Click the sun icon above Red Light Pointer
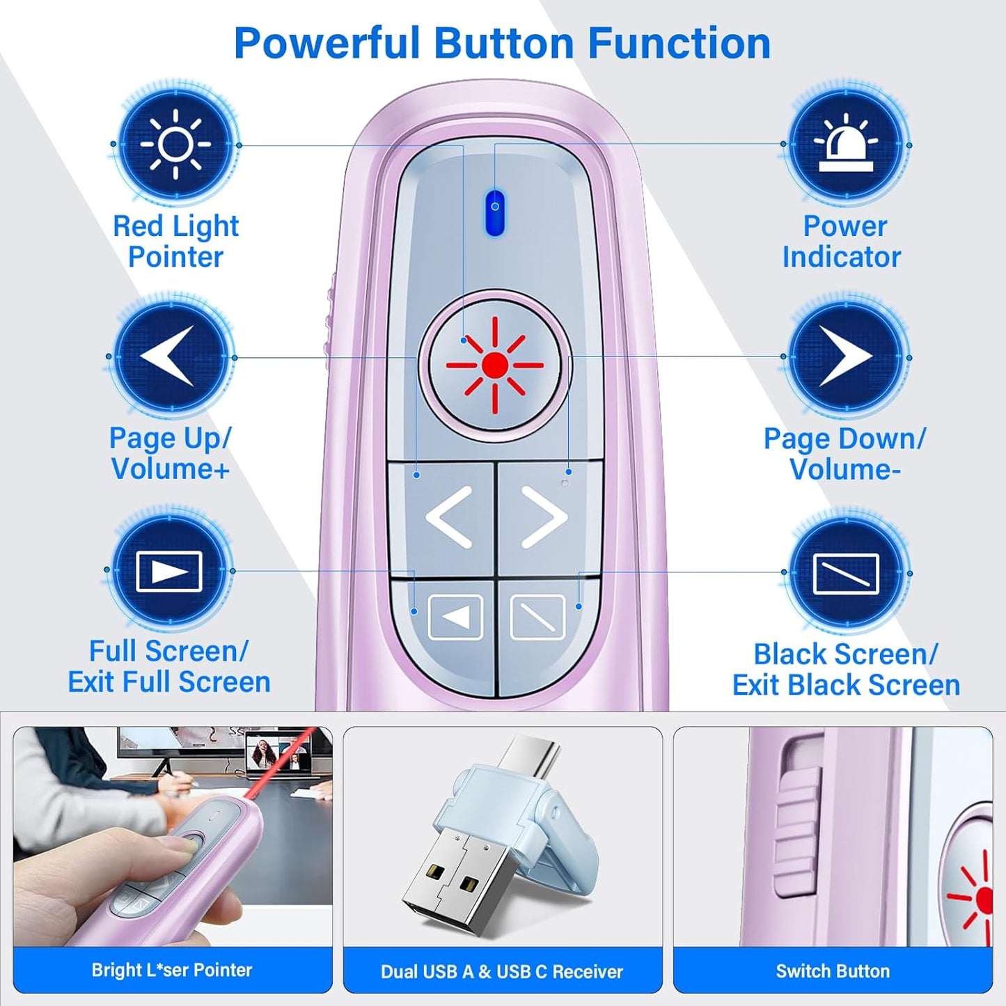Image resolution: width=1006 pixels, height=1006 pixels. click(x=175, y=145)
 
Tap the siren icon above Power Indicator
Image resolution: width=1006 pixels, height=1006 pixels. click(x=846, y=145)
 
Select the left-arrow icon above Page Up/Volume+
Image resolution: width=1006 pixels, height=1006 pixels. click(x=170, y=356)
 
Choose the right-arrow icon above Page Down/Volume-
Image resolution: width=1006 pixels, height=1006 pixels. click(x=846, y=357)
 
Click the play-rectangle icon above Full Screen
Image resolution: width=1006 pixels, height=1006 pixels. click(x=169, y=571)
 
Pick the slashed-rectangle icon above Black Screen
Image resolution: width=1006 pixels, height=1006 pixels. click(x=846, y=574)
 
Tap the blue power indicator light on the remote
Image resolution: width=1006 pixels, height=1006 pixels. click(x=494, y=212)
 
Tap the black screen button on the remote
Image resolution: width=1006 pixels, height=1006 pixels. click(x=537, y=617)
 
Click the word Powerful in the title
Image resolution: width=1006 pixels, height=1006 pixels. click(x=327, y=43)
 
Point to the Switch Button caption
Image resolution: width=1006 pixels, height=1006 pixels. click(x=833, y=971)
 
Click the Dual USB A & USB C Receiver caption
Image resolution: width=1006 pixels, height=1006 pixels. click(x=502, y=971)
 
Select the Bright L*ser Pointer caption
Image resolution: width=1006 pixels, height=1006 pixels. click(x=172, y=970)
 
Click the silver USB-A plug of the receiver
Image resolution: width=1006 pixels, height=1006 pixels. click(x=454, y=879)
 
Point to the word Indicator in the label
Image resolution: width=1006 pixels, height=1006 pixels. click(x=841, y=257)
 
